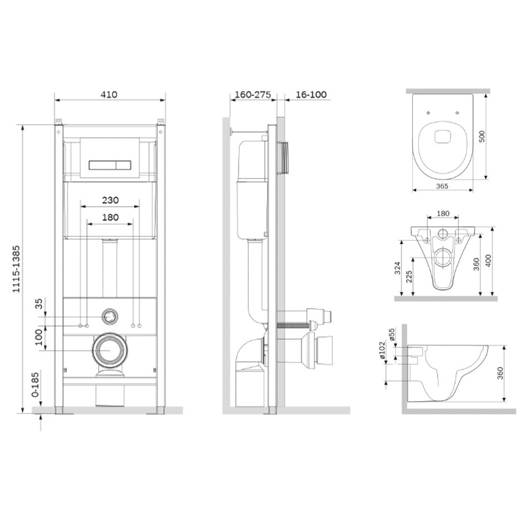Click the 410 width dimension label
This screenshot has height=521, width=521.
109,95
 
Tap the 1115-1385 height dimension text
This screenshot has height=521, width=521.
16,269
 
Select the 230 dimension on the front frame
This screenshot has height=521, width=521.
110,200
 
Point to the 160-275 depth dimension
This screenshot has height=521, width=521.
253,95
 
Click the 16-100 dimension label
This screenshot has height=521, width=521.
311,95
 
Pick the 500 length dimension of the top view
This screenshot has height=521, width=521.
482,137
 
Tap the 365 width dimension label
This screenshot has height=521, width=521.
442,186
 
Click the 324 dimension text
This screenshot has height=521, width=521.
398,268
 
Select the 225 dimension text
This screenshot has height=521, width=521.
409,277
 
